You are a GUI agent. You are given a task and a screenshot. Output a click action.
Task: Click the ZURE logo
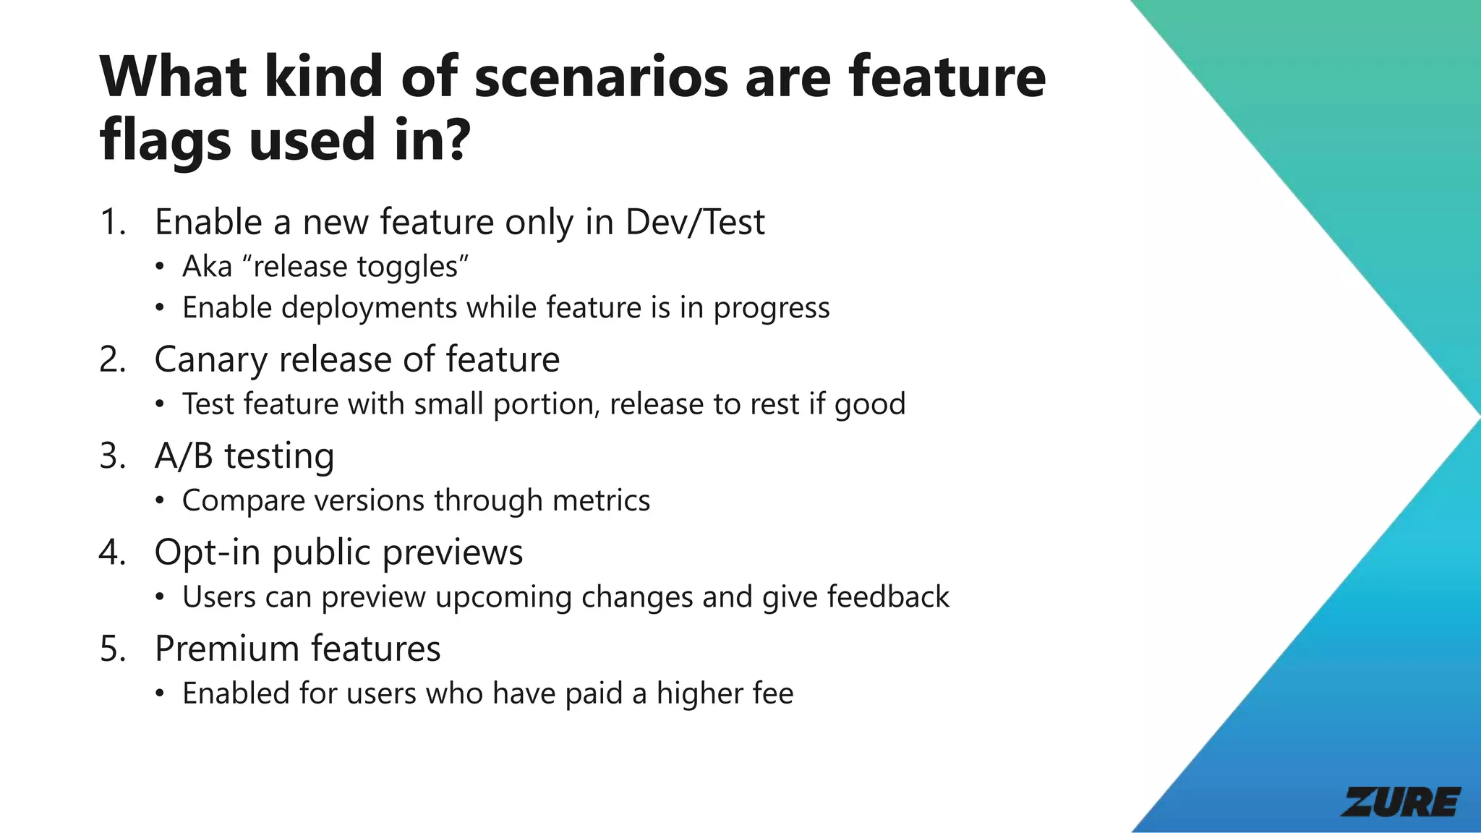tap(1401, 802)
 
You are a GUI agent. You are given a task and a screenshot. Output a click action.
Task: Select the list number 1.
tap(111, 222)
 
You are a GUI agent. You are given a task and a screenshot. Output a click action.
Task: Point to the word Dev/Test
tap(695, 222)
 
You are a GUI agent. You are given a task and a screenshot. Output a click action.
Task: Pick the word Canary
tap(210, 359)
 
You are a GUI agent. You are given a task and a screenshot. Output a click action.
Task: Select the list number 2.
tap(112, 359)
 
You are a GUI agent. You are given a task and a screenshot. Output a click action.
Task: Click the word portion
tap(546, 404)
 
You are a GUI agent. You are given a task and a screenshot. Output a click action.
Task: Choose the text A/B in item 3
tap(184, 456)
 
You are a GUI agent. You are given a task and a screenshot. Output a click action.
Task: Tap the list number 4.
tap(112, 552)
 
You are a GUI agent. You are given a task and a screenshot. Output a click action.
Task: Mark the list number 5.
tap(112, 649)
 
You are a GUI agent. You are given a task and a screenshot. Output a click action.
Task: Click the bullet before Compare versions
tap(160, 501)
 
